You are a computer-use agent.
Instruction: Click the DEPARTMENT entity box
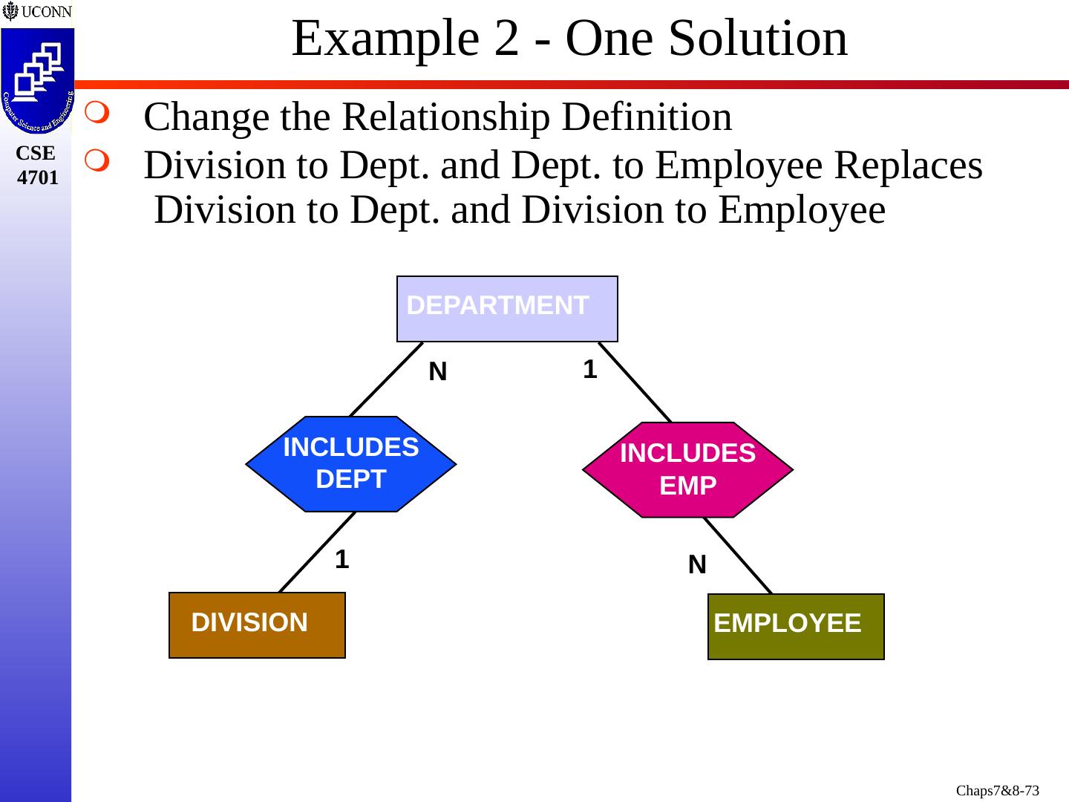pos(507,309)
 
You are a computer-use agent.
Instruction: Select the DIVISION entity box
pos(257,625)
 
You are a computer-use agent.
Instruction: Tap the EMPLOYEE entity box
pos(796,626)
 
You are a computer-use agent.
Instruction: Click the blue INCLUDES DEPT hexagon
pos(350,463)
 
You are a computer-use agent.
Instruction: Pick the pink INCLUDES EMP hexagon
pos(687,469)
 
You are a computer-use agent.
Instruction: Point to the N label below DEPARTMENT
pos(438,372)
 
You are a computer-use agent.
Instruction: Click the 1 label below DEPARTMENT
pos(590,369)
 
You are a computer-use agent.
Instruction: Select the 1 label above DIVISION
pos(341,559)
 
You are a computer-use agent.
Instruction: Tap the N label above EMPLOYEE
pos(696,565)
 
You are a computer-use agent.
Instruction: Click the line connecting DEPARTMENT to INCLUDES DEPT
pos(386,379)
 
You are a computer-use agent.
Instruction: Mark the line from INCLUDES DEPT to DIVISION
pos(316,552)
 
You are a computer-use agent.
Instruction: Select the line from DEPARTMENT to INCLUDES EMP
pos(635,382)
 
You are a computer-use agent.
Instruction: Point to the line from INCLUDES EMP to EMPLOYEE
pos(739,555)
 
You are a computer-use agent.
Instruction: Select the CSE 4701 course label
pos(37,166)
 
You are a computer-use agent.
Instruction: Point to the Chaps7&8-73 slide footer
pos(997,790)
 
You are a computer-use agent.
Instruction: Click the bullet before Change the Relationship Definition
pos(97,114)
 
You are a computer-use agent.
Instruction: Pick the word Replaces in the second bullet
pos(909,165)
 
